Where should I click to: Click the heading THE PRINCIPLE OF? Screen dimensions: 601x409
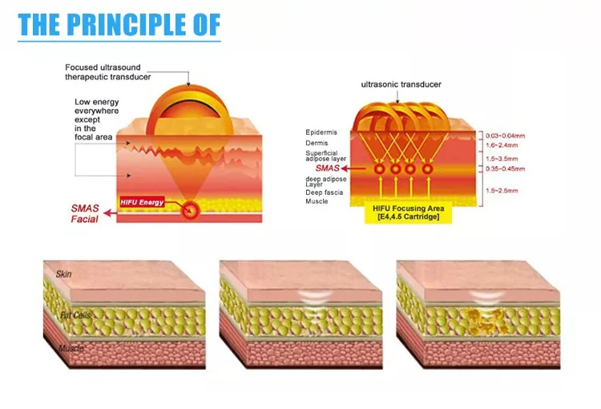click(119, 24)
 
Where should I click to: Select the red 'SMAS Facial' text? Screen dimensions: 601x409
click(84, 213)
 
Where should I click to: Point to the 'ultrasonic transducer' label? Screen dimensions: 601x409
click(401, 84)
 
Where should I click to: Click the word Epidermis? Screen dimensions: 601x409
click(321, 132)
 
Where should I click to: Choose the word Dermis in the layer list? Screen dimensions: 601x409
click(317, 144)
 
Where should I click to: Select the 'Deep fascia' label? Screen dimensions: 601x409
click(324, 192)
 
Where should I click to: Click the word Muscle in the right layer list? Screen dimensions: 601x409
click(317, 202)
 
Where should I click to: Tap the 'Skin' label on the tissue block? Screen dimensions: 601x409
click(64, 274)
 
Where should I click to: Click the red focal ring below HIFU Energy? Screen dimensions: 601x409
click(191, 211)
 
